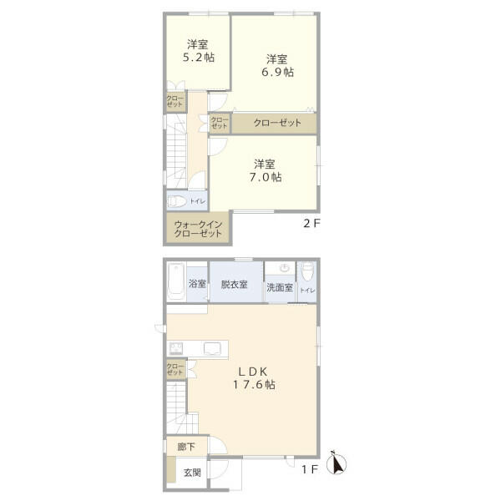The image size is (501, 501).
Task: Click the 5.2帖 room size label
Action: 199,58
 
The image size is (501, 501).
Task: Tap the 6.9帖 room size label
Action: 278,72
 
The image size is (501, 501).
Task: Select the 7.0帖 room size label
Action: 266,177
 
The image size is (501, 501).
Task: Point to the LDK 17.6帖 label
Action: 254,378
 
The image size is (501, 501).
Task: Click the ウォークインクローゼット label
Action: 198,229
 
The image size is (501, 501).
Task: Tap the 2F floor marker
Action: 311,223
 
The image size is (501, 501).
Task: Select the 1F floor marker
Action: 310,469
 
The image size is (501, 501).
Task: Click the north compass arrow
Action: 337,463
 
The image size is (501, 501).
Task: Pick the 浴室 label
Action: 197,283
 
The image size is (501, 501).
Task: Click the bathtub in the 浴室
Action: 176,281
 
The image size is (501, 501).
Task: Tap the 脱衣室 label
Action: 234,285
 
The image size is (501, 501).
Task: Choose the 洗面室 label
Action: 280,287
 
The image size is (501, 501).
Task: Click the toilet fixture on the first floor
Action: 307,271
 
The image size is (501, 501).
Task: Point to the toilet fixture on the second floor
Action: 177,201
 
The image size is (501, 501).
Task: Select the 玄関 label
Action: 192,473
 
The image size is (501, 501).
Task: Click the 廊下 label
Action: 186,447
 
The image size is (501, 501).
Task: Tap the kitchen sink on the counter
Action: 212,348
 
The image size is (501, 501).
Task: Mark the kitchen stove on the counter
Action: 176,348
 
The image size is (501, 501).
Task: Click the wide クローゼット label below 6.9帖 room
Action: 277,123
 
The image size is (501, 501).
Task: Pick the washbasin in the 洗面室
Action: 285,267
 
